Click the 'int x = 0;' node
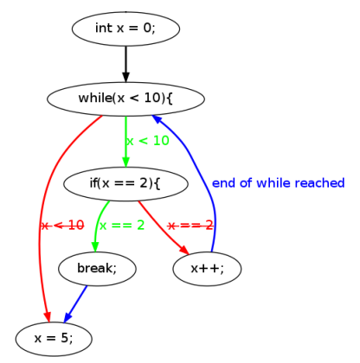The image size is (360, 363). (x=125, y=29)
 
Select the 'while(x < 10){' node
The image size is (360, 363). (x=125, y=99)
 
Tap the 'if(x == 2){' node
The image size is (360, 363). (x=125, y=183)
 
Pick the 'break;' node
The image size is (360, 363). (x=97, y=269)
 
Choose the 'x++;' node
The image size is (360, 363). (x=207, y=269)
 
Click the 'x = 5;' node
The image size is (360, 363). (x=54, y=339)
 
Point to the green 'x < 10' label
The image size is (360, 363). (x=148, y=141)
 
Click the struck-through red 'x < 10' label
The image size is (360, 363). (x=63, y=226)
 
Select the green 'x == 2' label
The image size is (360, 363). (x=122, y=226)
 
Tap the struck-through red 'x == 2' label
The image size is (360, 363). (x=190, y=226)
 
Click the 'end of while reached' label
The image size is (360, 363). (x=279, y=183)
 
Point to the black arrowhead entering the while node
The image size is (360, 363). (x=125, y=76)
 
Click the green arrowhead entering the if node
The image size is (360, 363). (x=125, y=162)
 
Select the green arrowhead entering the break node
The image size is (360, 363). (x=95, y=246)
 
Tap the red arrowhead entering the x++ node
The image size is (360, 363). (x=184, y=250)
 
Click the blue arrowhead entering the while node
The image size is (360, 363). (x=157, y=119)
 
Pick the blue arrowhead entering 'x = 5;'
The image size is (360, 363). (x=67, y=316)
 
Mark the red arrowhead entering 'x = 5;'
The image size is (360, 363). (x=48, y=316)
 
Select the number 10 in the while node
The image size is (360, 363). (x=152, y=99)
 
